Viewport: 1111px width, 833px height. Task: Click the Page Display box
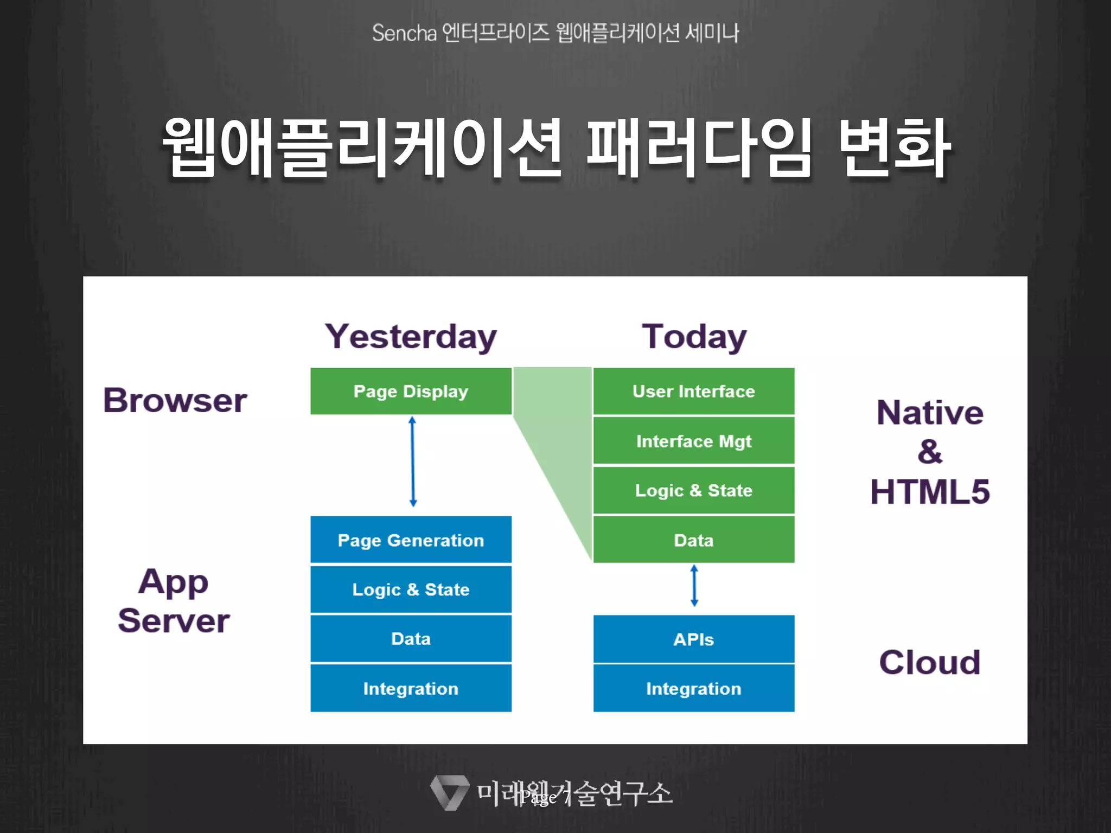coord(411,391)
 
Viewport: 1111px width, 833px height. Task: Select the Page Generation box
coord(411,540)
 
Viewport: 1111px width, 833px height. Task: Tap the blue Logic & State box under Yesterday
coord(411,589)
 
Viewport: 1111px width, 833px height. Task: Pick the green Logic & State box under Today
coord(693,490)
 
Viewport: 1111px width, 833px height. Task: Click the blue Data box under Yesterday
coord(411,638)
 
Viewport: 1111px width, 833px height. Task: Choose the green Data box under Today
coord(693,540)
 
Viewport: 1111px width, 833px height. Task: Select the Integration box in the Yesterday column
coord(411,688)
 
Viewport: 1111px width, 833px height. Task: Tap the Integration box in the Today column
coord(693,688)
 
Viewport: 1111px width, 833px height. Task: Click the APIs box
coord(693,639)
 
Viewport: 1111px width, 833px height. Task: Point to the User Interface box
coord(693,391)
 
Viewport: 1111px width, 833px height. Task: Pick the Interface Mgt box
coord(693,441)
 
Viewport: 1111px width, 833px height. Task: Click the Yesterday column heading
coord(411,337)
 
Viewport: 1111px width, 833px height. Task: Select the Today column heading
coord(694,337)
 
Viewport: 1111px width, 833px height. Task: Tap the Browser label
coord(175,400)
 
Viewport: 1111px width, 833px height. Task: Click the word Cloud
coord(929,662)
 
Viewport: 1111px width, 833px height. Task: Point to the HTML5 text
coord(929,491)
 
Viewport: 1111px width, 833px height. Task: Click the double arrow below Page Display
coord(413,462)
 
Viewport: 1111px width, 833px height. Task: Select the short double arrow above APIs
coord(694,586)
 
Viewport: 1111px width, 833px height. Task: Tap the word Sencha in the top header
coord(404,33)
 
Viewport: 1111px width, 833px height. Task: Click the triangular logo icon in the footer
coord(449,792)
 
